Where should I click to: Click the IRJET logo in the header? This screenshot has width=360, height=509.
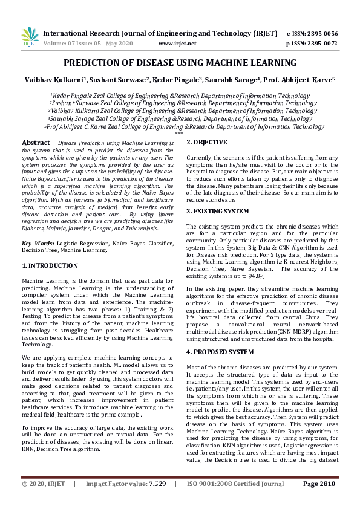point(30,37)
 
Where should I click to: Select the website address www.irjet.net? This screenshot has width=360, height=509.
point(177,44)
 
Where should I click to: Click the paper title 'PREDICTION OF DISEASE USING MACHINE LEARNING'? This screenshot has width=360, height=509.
point(180,63)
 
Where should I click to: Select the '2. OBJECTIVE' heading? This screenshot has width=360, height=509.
point(207,142)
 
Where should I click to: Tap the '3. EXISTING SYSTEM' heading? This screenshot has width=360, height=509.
point(218,211)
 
